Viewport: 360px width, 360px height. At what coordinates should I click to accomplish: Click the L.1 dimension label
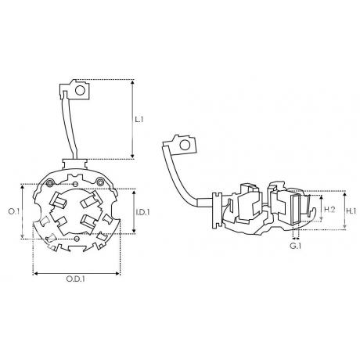click(x=139, y=120)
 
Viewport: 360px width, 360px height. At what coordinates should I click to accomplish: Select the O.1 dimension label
click(x=14, y=211)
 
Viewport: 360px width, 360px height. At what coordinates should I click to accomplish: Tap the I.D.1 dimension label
click(x=142, y=212)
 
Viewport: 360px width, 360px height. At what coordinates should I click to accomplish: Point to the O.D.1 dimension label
click(x=76, y=279)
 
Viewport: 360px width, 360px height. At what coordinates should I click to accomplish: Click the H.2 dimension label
click(x=329, y=209)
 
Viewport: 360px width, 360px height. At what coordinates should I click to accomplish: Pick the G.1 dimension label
click(x=296, y=246)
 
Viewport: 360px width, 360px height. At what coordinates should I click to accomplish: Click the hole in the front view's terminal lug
click(x=80, y=90)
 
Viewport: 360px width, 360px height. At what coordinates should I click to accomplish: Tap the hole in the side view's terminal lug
click(x=185, y=145)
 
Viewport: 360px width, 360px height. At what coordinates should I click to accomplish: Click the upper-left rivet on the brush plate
click(x=49, y=183)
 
